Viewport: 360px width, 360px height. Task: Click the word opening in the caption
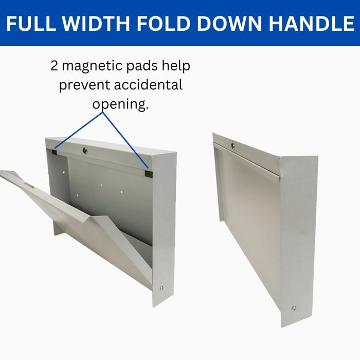tap(120, 104)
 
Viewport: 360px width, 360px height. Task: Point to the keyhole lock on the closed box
tap(232, 146)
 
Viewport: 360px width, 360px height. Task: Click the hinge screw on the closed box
tap(294, 308)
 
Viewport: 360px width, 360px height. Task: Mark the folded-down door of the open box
tap(77, 216)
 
